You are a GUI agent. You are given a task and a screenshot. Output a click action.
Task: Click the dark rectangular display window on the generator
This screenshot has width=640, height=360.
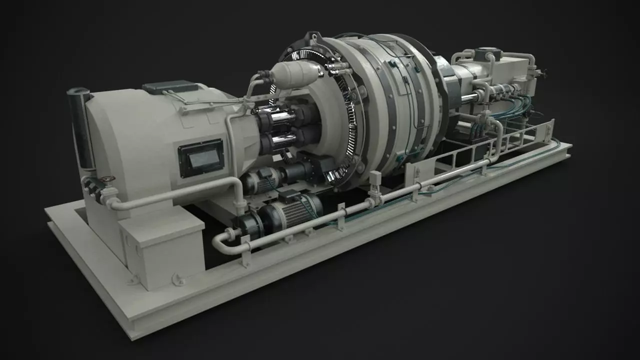[x=201, y=158]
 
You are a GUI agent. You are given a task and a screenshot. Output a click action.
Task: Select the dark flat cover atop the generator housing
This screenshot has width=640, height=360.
[x=170, y=87]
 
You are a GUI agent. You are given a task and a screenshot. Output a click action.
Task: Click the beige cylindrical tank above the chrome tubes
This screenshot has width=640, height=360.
[x=295, y=74]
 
